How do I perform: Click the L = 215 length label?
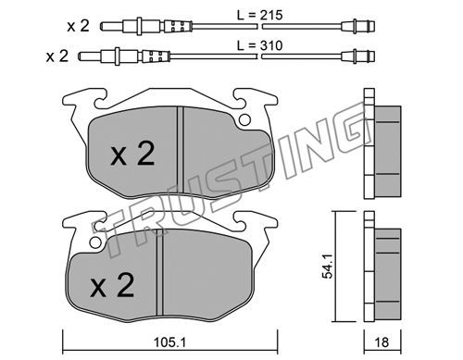[260, 15]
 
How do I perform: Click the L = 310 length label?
[260, 45]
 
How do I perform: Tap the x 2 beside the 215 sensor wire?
[79, 26]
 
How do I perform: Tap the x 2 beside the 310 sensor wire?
[57, 56]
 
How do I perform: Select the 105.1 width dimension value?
[169, 342]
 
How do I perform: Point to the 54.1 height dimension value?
[328, 266]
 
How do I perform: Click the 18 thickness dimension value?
[382, 342]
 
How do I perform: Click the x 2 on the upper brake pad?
[132, 154]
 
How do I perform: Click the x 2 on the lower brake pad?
[112, 285]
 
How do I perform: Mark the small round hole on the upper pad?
[244, 119]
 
